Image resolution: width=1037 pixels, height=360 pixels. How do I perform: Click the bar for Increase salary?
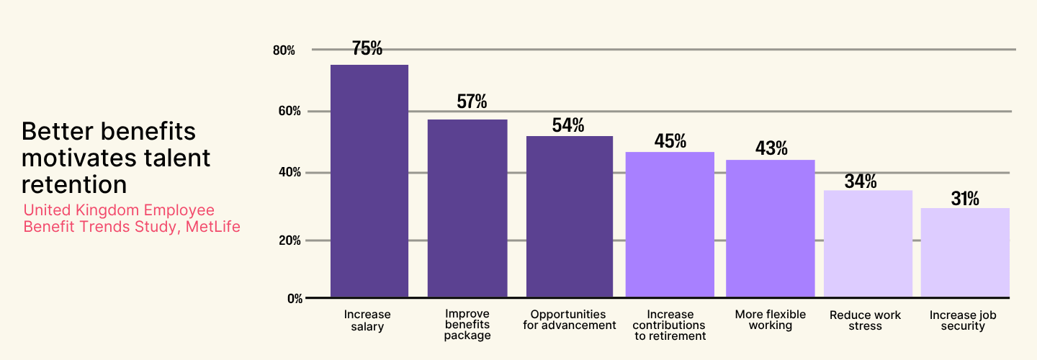point(369,181)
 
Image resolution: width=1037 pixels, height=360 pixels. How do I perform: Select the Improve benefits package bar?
point(467,208)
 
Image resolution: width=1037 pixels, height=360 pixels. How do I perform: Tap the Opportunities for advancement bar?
point(570,216)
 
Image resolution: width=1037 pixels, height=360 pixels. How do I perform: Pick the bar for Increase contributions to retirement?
point(670,224)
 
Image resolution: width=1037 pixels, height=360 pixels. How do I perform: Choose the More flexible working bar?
point(770,228)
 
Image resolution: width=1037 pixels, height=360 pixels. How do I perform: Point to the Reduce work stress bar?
point(868,243)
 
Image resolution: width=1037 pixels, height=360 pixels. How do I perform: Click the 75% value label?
point(367,48)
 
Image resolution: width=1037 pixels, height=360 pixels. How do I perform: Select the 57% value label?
point(472,102)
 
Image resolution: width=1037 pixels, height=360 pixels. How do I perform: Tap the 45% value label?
point(670,140)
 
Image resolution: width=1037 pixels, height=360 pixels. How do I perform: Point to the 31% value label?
point(965,199)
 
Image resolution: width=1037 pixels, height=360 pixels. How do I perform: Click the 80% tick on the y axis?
point(284,50)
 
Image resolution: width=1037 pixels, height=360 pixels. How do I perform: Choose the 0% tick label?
point(295,298)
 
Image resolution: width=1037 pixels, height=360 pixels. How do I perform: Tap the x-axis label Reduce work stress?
point(865,320)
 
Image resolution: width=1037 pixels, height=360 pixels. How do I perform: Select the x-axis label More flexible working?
point(770,320)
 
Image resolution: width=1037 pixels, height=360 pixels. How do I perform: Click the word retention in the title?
point(74,184)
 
